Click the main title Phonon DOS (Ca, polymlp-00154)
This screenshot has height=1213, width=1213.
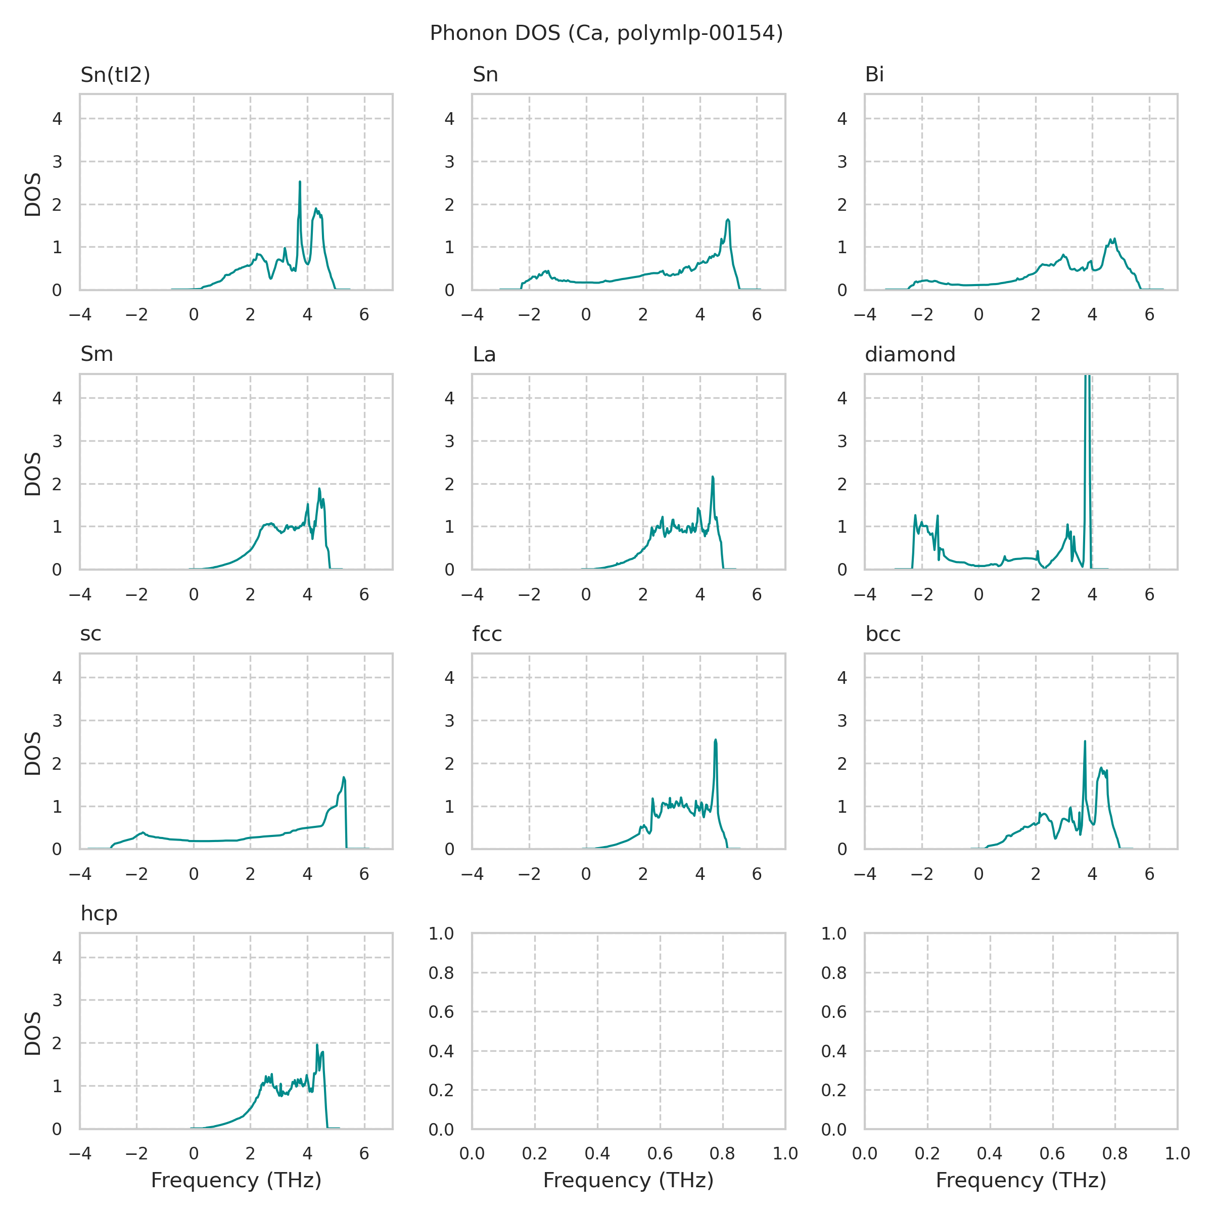click(606, 33)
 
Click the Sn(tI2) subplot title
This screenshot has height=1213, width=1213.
click(116, 75)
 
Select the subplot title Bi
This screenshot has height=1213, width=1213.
click(874, 75)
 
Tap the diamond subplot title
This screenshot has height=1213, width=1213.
click(910, 355)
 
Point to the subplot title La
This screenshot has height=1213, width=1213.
click(484, 355)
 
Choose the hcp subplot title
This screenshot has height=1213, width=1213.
click(99, 914)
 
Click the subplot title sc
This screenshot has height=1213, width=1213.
click(90, 634)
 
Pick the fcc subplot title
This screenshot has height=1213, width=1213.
click(487, 634)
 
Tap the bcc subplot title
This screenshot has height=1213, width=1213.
click(883, 634)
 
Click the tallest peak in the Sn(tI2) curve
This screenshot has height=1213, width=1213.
click(300, 182)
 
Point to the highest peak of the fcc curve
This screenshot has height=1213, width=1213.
click(716, 740)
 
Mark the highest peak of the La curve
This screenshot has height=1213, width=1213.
click(713, 477)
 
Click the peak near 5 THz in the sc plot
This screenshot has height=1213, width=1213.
click(344, 778)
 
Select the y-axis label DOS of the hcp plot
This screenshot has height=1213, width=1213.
click(33, 1034)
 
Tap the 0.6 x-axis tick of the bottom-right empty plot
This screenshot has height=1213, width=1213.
click(1052, 1154)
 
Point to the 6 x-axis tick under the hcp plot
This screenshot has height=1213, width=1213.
click(364, 1154)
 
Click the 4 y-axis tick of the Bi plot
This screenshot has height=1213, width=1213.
click(842, 119)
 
